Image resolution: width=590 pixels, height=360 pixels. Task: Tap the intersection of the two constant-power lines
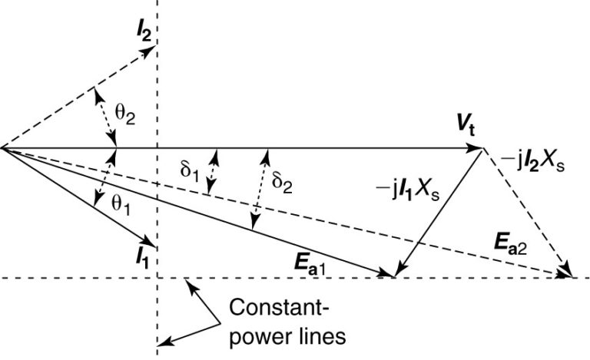(157, 277)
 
